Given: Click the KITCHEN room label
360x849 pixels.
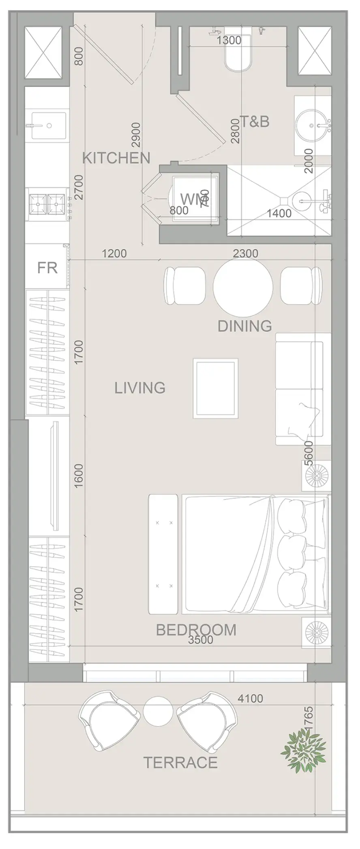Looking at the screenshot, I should (x=116, y=158).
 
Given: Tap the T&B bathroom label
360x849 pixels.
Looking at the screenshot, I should (x=255, y=121).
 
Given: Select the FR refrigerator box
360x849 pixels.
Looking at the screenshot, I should (x=47, y=268).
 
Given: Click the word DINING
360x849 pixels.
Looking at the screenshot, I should (x=244, y=326).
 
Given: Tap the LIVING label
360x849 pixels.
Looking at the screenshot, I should (x=140, y=388).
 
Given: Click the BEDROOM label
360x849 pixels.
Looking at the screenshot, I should (x=196, y=630).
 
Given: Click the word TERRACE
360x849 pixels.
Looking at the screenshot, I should (x=181, y=763).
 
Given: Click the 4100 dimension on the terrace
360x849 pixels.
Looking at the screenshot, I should (x=250, y=699).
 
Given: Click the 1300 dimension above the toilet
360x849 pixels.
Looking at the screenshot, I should (x=229, y=40).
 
